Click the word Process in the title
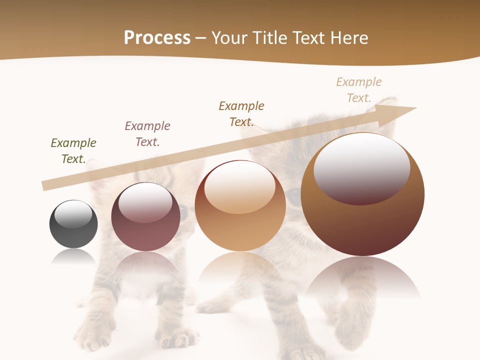point(157,38)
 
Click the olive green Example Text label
point(73,151)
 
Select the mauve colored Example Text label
point(147,134)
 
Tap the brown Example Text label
point(241,114)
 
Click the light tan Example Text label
point(359,90)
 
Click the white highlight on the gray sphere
point(73,214)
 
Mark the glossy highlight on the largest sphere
point(361,168)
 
